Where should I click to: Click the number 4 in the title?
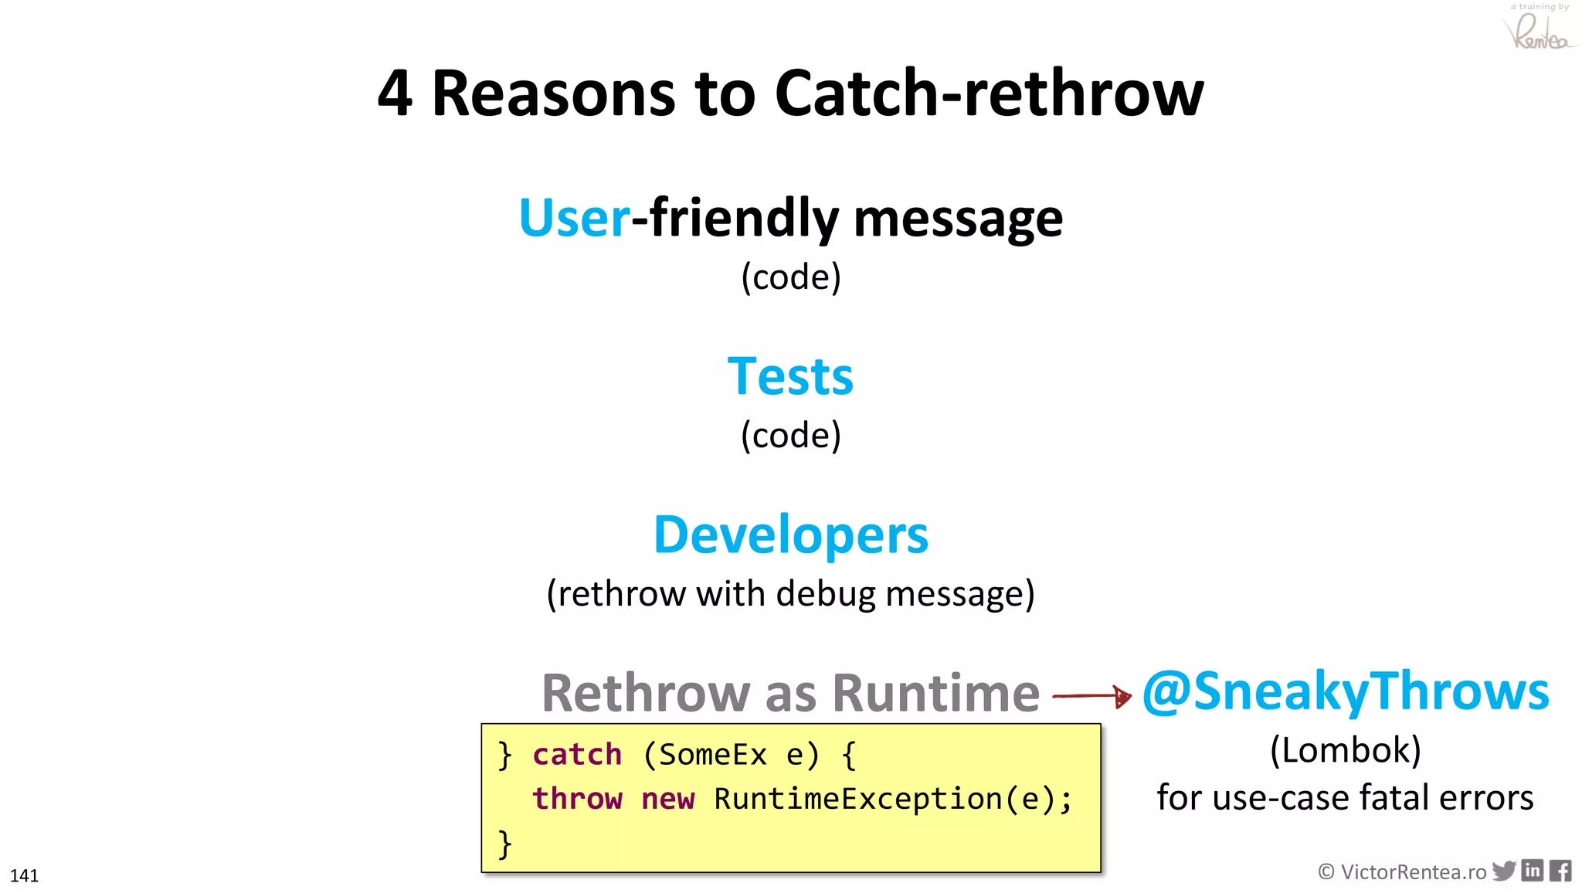tap(395, 94)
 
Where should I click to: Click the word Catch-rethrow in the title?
tap(989, 94)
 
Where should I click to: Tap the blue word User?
tap(575, 219)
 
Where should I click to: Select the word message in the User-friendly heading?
tap(958, 220)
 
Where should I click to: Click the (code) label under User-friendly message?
tap(790, 277)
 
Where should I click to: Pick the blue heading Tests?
tap(790, 377)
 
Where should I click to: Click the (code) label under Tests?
tap(790, 436)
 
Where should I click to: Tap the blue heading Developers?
tap(790, 535)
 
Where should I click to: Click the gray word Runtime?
tap(936, 693)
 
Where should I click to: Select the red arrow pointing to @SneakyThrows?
tap(1091, 696)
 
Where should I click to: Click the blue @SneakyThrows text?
tap(1346, 691)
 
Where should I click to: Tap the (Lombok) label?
tap(1346, 750)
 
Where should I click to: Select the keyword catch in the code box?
tap(577, 755)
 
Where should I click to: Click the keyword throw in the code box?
tap(577, 799)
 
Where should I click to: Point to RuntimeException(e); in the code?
tap(893, 799)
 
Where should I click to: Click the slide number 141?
tap(24, 875)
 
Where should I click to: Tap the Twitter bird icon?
tap(1503, 871)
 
